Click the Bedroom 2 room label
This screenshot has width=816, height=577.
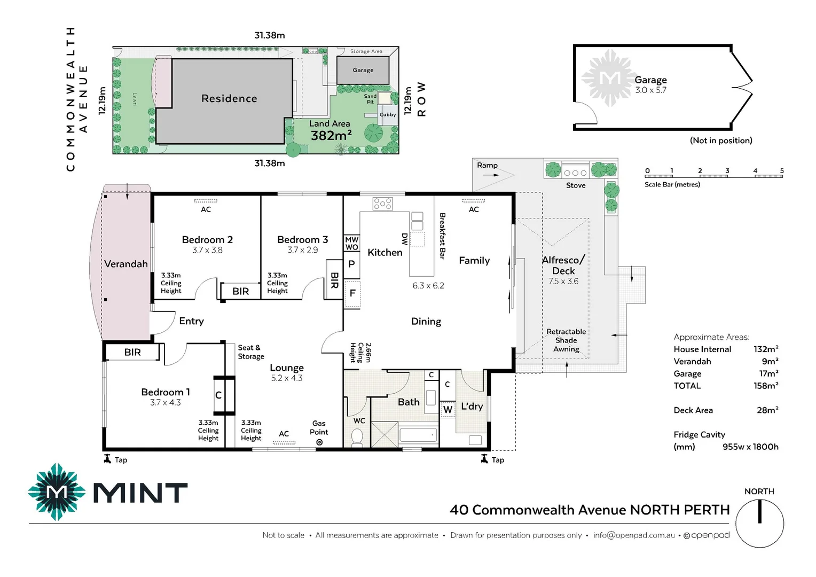pyautogui.click(x=207, y=240)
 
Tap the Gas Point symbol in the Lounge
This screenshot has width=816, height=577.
pyautogui.click(x=319, y=442)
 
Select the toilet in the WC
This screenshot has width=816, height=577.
pyautogui.click(x=357, y=438)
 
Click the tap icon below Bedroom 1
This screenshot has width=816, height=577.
pyautogui.click(x=107, y=459)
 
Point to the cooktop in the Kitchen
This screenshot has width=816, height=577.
pyautogui.click(x=382, y=204)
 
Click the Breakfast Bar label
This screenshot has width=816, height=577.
pyautogui.click(x=442, y=236)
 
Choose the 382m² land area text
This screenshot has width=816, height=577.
pyautogui.click(x=331, y=136)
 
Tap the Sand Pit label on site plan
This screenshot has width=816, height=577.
pyautogui.click(x=370, y=99)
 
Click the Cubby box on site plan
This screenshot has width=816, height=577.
pyautogui.click(x=388, y=114)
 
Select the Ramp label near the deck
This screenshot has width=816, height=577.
pyautogui.click(x=487, y=165)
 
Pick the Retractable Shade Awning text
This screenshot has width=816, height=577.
pyautogui.click(x=566, y=340)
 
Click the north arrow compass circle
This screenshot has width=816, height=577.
pyautogui.click(x=759, y=524)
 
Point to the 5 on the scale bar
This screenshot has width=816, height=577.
pyautogui.click(x=782, y=171)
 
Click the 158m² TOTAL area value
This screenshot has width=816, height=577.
pyautogui.click(x=766, y=386)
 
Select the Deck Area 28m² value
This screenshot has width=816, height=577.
pyautogui.click(x=767, y=410)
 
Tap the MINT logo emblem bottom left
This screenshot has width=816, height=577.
pyautogui.click(x=57, y=492)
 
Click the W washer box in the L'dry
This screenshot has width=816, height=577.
pyautogui.click(x=448, y=410)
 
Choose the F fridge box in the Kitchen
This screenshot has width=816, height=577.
pyautogui.click(x=352, y=293)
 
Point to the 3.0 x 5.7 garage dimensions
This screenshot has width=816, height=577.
pyautogui.click(x=650, y=90)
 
